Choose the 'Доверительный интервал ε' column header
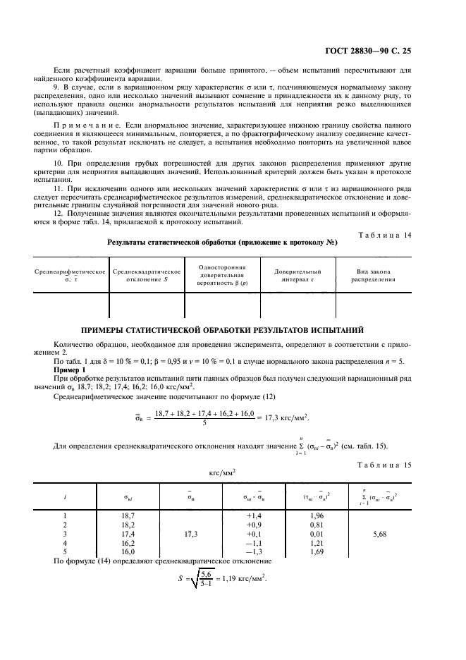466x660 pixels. [298, 275]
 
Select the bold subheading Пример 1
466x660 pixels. [70, 369]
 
